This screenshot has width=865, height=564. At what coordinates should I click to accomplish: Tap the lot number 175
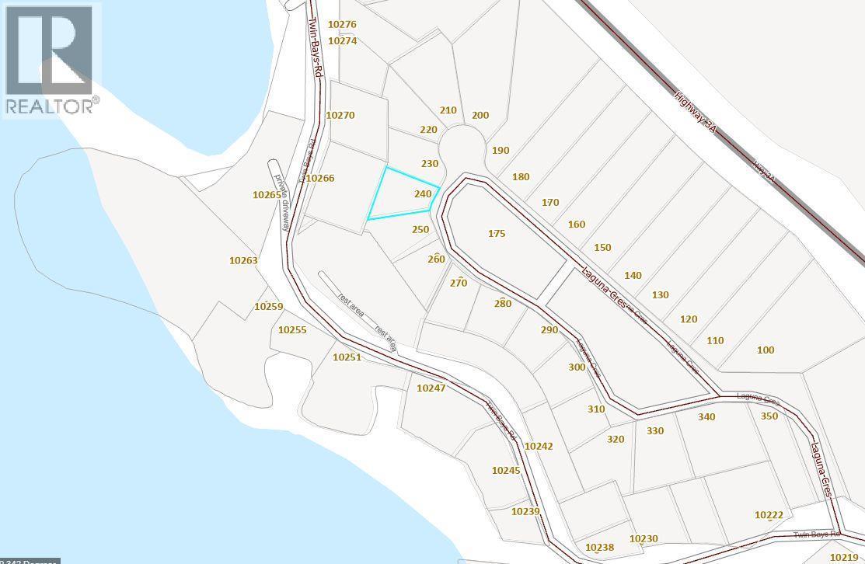tap(497, 233)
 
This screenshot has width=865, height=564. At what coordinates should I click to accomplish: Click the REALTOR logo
tap(51, 60)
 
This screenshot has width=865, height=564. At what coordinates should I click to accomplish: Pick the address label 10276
tap(342, 25)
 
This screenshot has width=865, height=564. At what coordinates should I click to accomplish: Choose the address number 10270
tap(340, 115)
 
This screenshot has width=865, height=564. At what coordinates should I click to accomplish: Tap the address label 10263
tap(243, 261)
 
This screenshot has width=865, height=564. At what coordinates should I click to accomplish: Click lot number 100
tap(766, 350)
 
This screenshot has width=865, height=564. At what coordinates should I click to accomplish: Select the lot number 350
tap(769, 416)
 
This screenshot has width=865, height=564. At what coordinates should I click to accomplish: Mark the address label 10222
tap(769, 515)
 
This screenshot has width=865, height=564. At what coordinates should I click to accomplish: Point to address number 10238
tap(599, 548)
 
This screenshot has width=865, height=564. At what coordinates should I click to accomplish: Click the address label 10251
tap(347, 357)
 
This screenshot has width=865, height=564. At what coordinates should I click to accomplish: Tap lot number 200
tap(480, 115)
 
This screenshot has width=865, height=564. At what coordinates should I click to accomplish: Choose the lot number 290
tap(549, 330)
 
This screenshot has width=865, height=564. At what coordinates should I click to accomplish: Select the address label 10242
tap(539, 446)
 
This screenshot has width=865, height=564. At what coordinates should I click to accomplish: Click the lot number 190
tap(501, 150)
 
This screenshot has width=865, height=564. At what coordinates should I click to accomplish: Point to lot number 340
tap(706, 417)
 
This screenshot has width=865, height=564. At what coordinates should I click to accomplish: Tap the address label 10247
tap(431, 387)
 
